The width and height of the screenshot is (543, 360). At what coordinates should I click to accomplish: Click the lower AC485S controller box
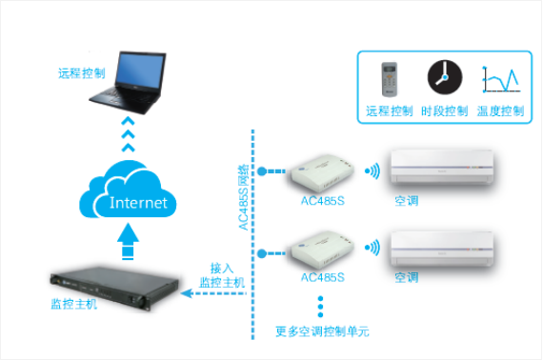click(322, 252)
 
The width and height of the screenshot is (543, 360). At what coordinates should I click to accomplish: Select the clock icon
click(441, 77)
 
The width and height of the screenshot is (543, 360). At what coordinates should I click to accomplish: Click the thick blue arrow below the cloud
click(129, 241)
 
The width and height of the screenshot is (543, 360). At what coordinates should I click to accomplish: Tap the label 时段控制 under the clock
click(444, 111)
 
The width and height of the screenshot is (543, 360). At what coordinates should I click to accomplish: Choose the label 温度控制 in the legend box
click(500, 111)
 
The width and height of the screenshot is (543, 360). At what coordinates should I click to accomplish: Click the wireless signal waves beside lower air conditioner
click(375, 249)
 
